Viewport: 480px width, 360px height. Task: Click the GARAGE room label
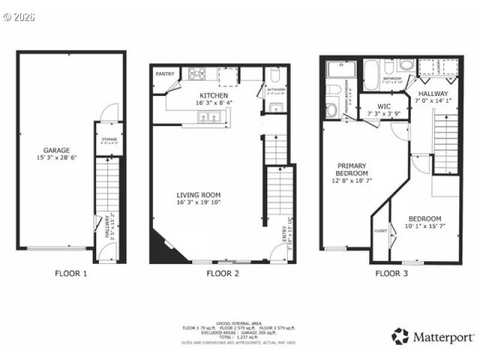56,151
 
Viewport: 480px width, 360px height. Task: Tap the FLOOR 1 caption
71,274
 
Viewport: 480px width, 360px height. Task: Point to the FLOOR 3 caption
392,274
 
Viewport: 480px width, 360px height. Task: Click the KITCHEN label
214,95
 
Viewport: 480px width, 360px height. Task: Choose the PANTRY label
165,74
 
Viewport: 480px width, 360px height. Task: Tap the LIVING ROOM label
199,194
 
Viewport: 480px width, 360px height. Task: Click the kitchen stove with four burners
197,74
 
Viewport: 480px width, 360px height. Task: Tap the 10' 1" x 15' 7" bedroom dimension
425,226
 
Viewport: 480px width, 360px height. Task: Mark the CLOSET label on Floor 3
380,230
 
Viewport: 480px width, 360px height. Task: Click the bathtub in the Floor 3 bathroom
371,75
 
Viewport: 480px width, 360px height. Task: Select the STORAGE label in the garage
109,139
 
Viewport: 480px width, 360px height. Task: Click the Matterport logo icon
400,336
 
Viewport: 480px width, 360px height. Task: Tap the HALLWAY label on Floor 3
433,94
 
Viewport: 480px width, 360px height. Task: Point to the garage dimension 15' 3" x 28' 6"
56,158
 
